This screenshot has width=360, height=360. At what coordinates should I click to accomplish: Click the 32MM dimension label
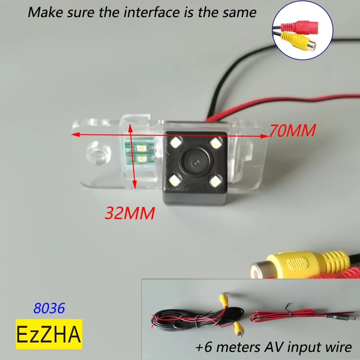tap(130, 212)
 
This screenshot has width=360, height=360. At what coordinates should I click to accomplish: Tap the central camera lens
tap(197, 162)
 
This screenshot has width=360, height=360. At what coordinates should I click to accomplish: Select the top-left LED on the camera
tap(175, 143)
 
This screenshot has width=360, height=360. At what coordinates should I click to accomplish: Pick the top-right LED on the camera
tap(217, 144)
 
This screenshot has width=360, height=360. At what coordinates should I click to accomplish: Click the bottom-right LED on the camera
tap(216, 181)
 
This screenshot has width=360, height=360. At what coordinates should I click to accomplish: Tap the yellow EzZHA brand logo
tap(49, 334)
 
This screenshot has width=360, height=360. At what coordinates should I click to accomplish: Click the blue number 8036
tap(49, 308)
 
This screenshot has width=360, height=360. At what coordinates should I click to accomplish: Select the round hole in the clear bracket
tap(98, 152)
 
